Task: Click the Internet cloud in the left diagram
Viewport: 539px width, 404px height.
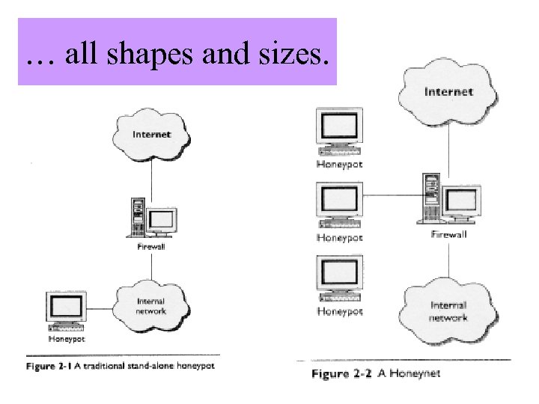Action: coord(151,135)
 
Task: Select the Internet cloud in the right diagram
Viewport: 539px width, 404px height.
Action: coord(448,92)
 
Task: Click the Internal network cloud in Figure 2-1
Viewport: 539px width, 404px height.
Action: coord(151,305)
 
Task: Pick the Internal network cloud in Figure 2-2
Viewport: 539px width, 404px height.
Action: coord(448,310)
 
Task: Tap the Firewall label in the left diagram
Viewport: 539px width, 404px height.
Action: coord(151,245)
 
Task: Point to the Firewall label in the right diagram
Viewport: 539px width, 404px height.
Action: coord(448,235)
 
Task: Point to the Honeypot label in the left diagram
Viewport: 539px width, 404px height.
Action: coord(67,338)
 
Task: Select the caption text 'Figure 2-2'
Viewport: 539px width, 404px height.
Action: coord(341,373)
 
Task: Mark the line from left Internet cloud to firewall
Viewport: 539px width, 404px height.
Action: coord(151,176)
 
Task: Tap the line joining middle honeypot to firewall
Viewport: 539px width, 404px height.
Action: coord(392,196)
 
